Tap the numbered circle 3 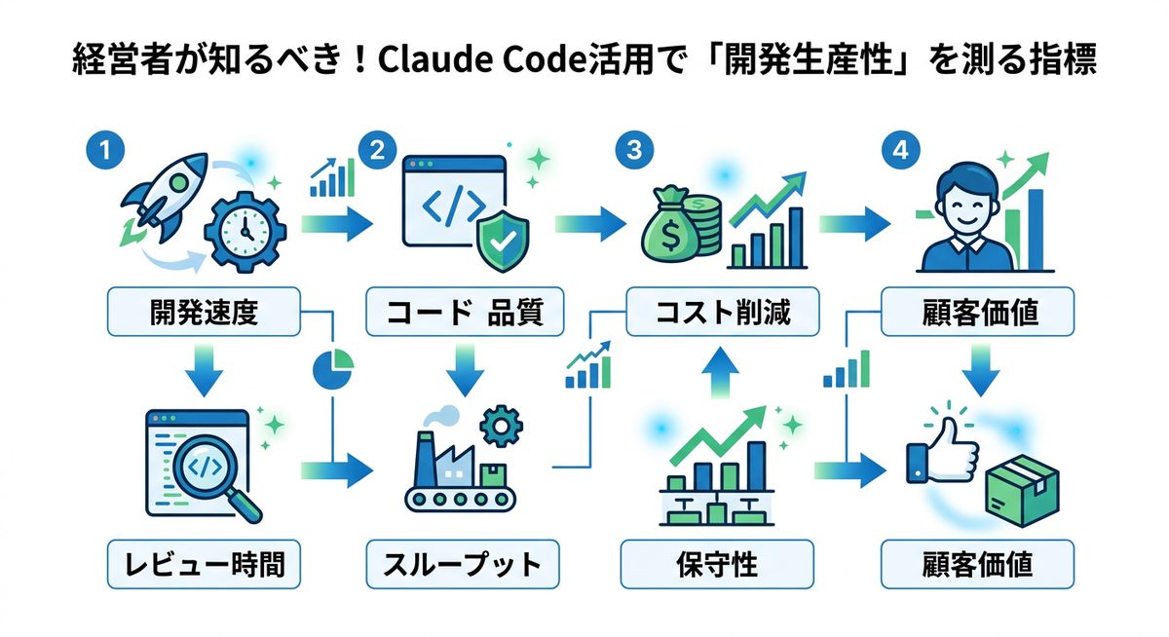click(x=634, y=151)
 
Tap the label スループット click(x=462, y=564)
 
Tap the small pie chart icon click(x=332, y=366)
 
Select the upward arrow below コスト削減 click(x=718, y=369)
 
